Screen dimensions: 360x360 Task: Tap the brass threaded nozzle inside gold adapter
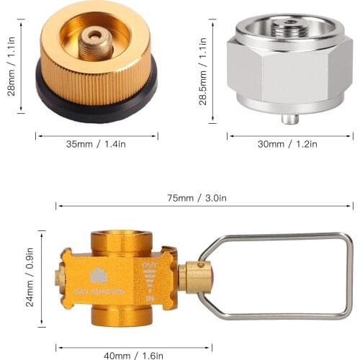pyautogui.click(x=95, y=42)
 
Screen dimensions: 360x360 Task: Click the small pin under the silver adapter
pyautogui.click(x=289, y=117)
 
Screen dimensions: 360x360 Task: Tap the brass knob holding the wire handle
pyautogui.click(x=193, y=277)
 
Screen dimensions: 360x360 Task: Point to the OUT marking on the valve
pyautogui.click(x=150, y=266)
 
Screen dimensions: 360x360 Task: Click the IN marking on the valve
pyautogui.click(x=150, y=297)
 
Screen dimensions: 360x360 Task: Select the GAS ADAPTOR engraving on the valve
pyautogui.click(x=99, y=291)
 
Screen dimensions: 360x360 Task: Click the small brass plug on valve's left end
pyautogui.click(x=58, y=276)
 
